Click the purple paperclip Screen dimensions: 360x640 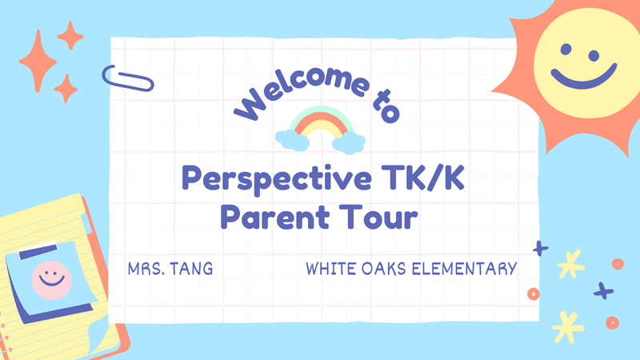pos(129,78)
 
